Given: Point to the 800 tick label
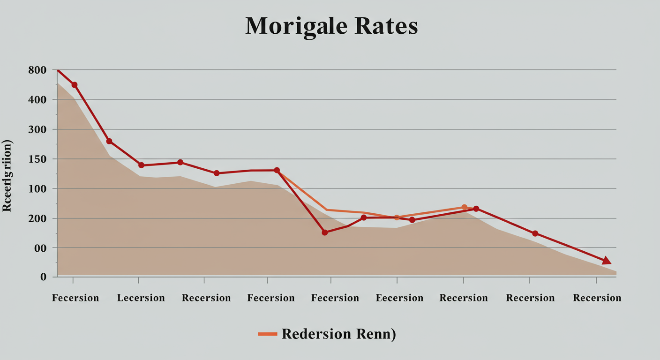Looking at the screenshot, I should click(37, 70).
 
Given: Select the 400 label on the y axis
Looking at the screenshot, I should click(37, 100).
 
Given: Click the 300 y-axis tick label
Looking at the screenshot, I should click(37, 129).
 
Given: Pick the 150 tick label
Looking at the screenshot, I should click(37, 159).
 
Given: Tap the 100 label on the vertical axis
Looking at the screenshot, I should click(37, 188).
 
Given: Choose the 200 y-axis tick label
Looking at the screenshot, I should click(37, 218).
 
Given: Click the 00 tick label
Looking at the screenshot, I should click(40, 247).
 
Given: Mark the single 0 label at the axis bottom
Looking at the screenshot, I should click(43, 277).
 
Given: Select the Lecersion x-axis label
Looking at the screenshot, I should click(141, 298).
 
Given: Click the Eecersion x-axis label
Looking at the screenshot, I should click(399, 298).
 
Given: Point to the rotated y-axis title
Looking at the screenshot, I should click(7, 176).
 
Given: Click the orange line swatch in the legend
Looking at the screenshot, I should click(268, 334).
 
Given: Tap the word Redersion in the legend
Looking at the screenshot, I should click(316, 334).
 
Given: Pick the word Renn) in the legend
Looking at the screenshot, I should click(375, 334).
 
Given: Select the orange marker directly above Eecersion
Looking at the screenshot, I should click(397, 217).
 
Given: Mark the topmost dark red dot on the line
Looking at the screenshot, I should click(74, 85).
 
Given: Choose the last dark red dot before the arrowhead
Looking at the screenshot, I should click(535, 233).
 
